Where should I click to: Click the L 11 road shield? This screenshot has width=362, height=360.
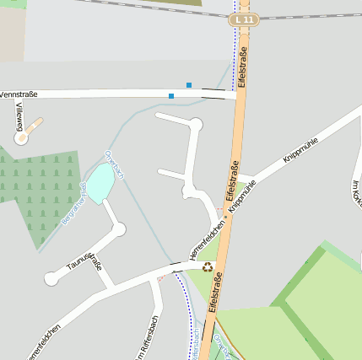(x=245, y=19)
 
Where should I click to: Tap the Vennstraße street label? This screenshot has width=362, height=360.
(x=18, y=94)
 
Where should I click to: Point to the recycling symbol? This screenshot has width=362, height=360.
(x=208, y=266)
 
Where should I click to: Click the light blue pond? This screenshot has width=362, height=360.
(x=100, y=183)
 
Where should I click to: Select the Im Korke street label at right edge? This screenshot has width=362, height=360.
(x=355, y=194)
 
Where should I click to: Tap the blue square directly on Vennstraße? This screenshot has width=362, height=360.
(x=171, y=96)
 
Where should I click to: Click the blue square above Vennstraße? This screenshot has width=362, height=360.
(x=189, y=84)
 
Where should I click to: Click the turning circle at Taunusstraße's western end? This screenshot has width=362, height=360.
(x=52, y=277)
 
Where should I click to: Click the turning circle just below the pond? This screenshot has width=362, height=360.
(x=119, y=229)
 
